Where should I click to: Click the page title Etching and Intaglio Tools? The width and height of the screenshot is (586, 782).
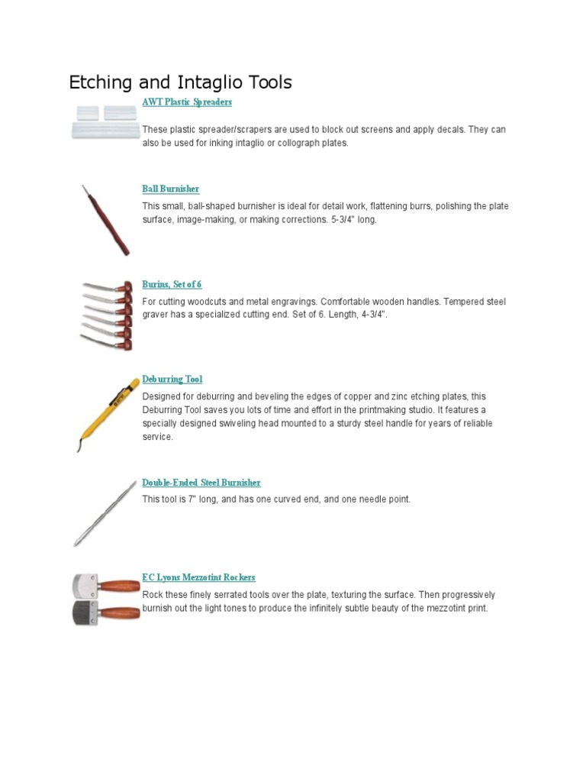pyautogui.click(x=180, y=82)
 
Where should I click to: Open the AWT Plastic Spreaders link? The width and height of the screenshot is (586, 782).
pyautogui.click(x=186, y=102)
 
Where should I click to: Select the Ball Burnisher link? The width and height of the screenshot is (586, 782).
pyautogui.click(x=170, y=189)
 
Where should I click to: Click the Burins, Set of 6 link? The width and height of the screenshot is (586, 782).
pyautogui.click(x=172, y=284)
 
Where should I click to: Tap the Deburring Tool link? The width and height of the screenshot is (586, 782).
pyautogui.click(x=172, y=379)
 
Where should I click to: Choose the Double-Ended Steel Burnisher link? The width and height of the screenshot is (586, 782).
pyautogui.click(x=201, y=483)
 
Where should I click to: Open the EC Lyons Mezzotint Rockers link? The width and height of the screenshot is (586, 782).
pyautogui.click(x=198, y=577)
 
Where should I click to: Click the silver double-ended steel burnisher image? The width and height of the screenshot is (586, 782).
pyautogui.click(x=104, y=512)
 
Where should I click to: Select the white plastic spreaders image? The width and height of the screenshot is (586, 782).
pyautogui.click(x=105, y=122)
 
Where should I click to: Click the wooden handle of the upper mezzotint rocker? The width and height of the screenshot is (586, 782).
pyautogui.click(x=120, y=586)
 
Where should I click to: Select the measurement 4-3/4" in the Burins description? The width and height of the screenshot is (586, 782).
pyautogui.click(x=371, y=315)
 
